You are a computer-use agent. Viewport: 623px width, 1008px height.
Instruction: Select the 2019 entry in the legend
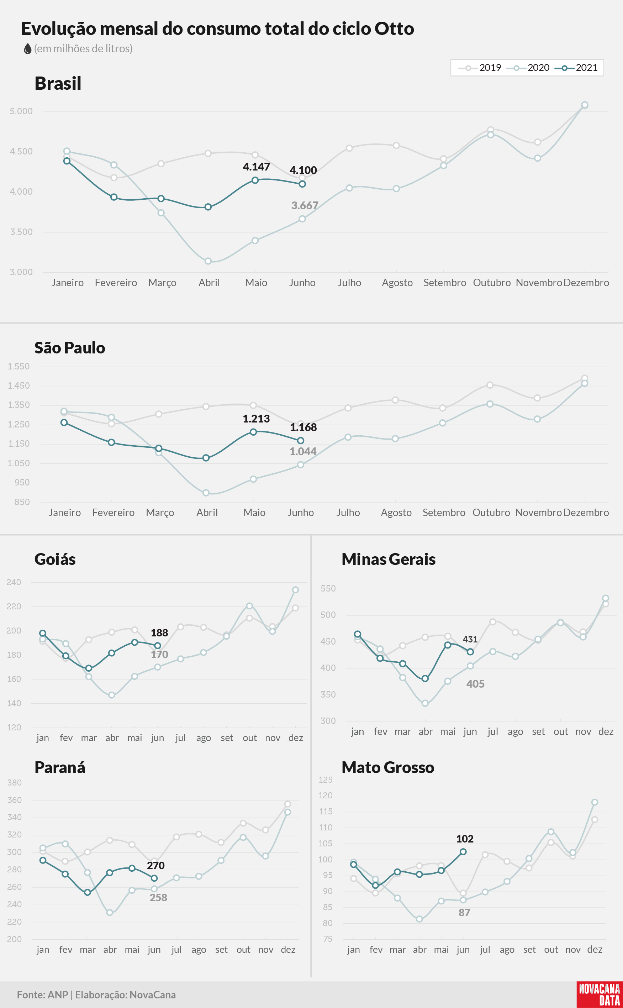480,68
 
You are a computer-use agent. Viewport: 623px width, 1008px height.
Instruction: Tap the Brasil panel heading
58,83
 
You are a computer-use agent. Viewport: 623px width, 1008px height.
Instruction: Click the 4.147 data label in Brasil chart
256,167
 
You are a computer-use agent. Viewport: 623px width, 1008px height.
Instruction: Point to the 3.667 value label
305,205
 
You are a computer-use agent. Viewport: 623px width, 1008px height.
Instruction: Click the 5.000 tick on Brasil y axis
21,111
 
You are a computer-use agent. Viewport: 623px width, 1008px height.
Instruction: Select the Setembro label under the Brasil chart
445,283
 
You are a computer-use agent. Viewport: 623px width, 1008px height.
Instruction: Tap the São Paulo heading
70,348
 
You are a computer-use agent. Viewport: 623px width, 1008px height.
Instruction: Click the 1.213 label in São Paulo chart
256,419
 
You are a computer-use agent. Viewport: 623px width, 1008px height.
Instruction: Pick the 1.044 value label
303,451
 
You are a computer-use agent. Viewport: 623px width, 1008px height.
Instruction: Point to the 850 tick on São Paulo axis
22,502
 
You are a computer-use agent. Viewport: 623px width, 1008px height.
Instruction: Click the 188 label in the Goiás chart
159,632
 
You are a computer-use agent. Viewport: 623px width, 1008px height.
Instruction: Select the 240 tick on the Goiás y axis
14,582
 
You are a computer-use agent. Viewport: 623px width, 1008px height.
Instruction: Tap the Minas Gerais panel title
389,559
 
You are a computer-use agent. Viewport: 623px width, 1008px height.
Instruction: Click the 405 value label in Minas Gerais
475,684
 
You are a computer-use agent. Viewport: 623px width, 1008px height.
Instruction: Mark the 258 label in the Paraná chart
158,898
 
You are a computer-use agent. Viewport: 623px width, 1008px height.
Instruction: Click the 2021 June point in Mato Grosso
463,852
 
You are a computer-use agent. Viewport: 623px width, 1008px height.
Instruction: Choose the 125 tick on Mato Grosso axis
326,780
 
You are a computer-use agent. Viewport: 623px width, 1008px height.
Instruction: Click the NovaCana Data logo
600,995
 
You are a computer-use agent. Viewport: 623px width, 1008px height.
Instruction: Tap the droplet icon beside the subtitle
28,49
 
